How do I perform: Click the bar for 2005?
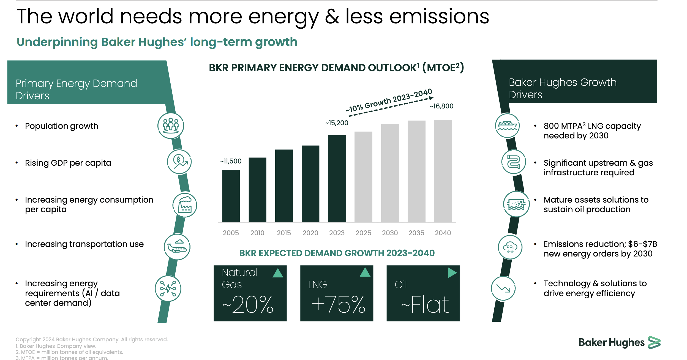231,196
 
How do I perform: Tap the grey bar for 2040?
443,171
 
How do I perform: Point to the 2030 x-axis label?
389,233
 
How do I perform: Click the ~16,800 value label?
441,106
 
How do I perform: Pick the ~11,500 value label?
231,161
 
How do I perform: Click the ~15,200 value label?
337,123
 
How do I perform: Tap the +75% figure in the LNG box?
338,305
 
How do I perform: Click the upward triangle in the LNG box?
365,272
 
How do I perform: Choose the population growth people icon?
171,126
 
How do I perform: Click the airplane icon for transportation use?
177,247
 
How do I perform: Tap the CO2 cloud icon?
510,247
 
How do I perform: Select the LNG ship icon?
507,126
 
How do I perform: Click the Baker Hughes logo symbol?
654,343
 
